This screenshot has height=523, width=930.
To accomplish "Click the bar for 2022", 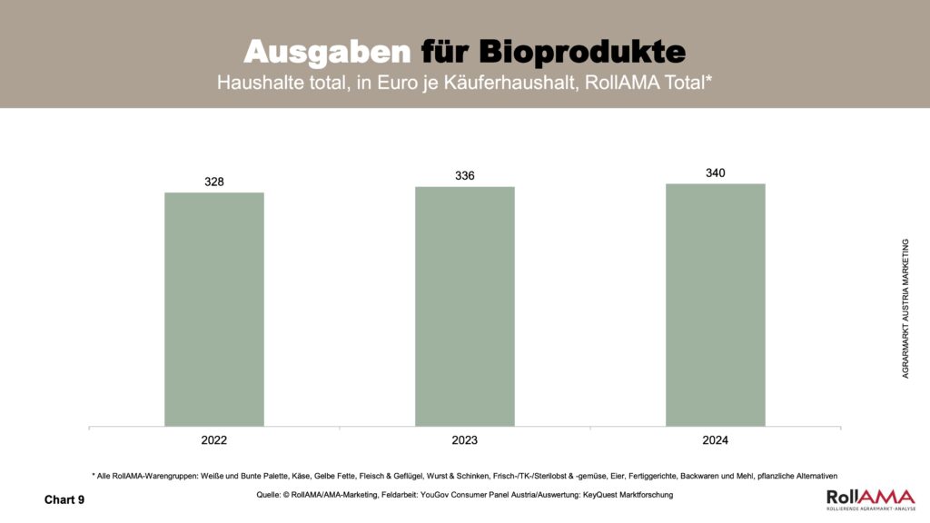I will pos(214,309).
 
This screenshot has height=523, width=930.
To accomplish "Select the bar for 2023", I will pos(465,306).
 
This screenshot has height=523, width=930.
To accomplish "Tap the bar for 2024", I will pos(716,304).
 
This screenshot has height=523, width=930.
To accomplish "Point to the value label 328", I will pos(214,182).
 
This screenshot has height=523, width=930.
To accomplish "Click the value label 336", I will pos(465,175).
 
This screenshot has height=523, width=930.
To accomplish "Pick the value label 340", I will pos(716,173).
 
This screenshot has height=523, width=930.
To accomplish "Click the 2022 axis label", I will pos(214,440).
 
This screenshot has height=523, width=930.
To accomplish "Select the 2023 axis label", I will pos(465,440).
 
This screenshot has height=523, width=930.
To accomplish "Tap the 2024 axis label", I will pos(716,440).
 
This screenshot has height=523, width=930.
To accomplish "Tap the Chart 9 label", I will pos(64,499).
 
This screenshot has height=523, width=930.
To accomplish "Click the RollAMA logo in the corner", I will pos(870,498).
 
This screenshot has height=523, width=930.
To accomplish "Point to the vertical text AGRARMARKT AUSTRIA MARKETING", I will pos(905,309).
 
